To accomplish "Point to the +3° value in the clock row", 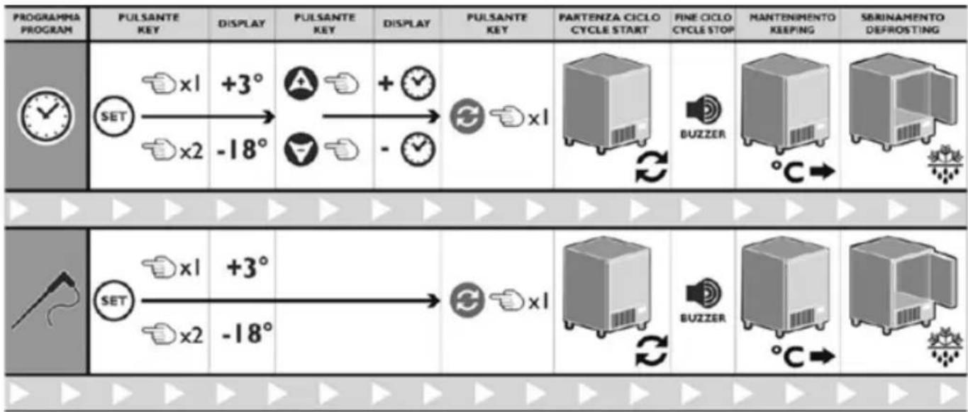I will tap(242, 83).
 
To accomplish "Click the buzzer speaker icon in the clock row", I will tap(701, 108).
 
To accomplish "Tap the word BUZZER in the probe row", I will tap(702, 318).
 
